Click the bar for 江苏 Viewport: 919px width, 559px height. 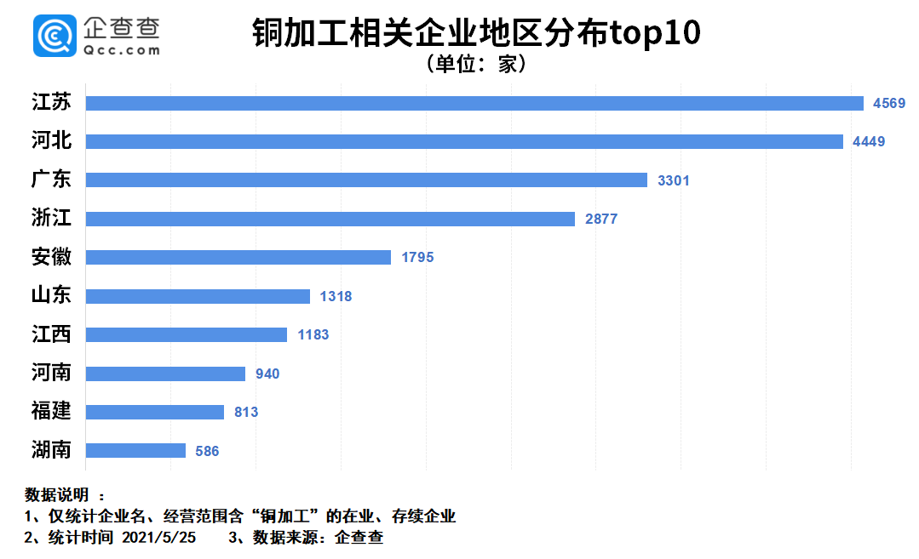tap(474, 103)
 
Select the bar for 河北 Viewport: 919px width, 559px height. tap(464, 141)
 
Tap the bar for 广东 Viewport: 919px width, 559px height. tap(366, 180)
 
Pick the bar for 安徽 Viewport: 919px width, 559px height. tap(238, 257)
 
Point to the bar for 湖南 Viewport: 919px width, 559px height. tap(135, 450)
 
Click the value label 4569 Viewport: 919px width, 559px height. tap(889, 103)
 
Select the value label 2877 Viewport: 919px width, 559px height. tap(601, 219)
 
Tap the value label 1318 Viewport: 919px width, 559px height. tap(336, 296)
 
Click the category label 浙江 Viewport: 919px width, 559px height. tap(52, 219)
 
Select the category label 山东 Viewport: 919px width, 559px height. tap(52, 296)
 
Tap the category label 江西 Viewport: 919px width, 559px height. tap(52, 334)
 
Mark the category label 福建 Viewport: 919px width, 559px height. tap(52, 412)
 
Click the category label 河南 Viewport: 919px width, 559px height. tap(52, 374)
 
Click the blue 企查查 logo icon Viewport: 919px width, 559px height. tap(55, 36)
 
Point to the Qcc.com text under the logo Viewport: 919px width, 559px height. tap(122, 50)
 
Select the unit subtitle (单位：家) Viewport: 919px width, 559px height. tap(475, 65)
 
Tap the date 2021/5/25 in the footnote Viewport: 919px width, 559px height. tap(159, 538)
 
